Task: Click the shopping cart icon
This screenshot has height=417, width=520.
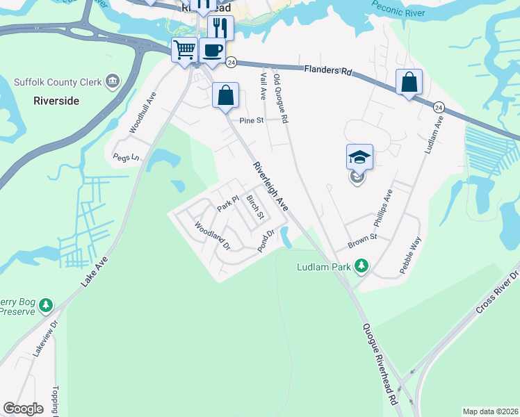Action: coord(185,50)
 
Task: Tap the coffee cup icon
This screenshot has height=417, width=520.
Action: coord(211,50)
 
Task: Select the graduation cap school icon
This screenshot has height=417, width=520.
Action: coord(359,157)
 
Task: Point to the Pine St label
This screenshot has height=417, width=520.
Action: coord(252,120)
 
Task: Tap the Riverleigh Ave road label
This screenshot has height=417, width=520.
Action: coord(270,186)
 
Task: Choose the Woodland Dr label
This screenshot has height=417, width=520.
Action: coord(212,236)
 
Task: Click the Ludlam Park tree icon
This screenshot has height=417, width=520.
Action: coord(361,266)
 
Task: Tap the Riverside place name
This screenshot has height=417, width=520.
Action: coord(56,101)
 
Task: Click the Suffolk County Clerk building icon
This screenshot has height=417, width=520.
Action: coord(112,82)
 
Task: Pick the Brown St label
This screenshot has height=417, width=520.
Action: coord(362,237)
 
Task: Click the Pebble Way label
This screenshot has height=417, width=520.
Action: coord(411,256)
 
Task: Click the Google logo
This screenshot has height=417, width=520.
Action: coord(23,409)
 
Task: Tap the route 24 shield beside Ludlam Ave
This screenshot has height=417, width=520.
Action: coord(439,107)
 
